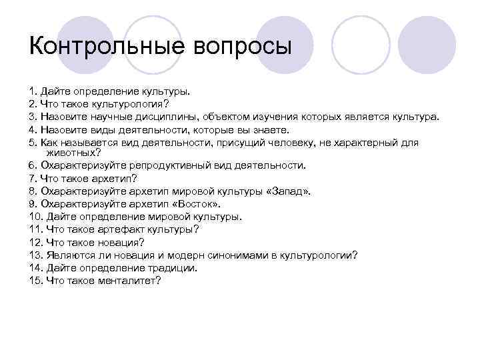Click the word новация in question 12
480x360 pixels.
[x=116, y=241]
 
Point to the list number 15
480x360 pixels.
[x=35, y=280]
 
